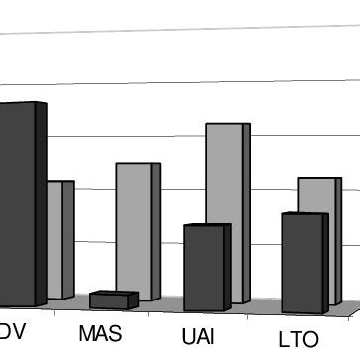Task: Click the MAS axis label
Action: [100, 332]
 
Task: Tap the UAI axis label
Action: [198, 335]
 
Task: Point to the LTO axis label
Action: [299, 339]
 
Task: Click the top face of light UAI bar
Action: [227, 126]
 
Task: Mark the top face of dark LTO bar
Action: [303, 214]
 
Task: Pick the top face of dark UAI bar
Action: [207, 227]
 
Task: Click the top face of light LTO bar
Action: [319, 180]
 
